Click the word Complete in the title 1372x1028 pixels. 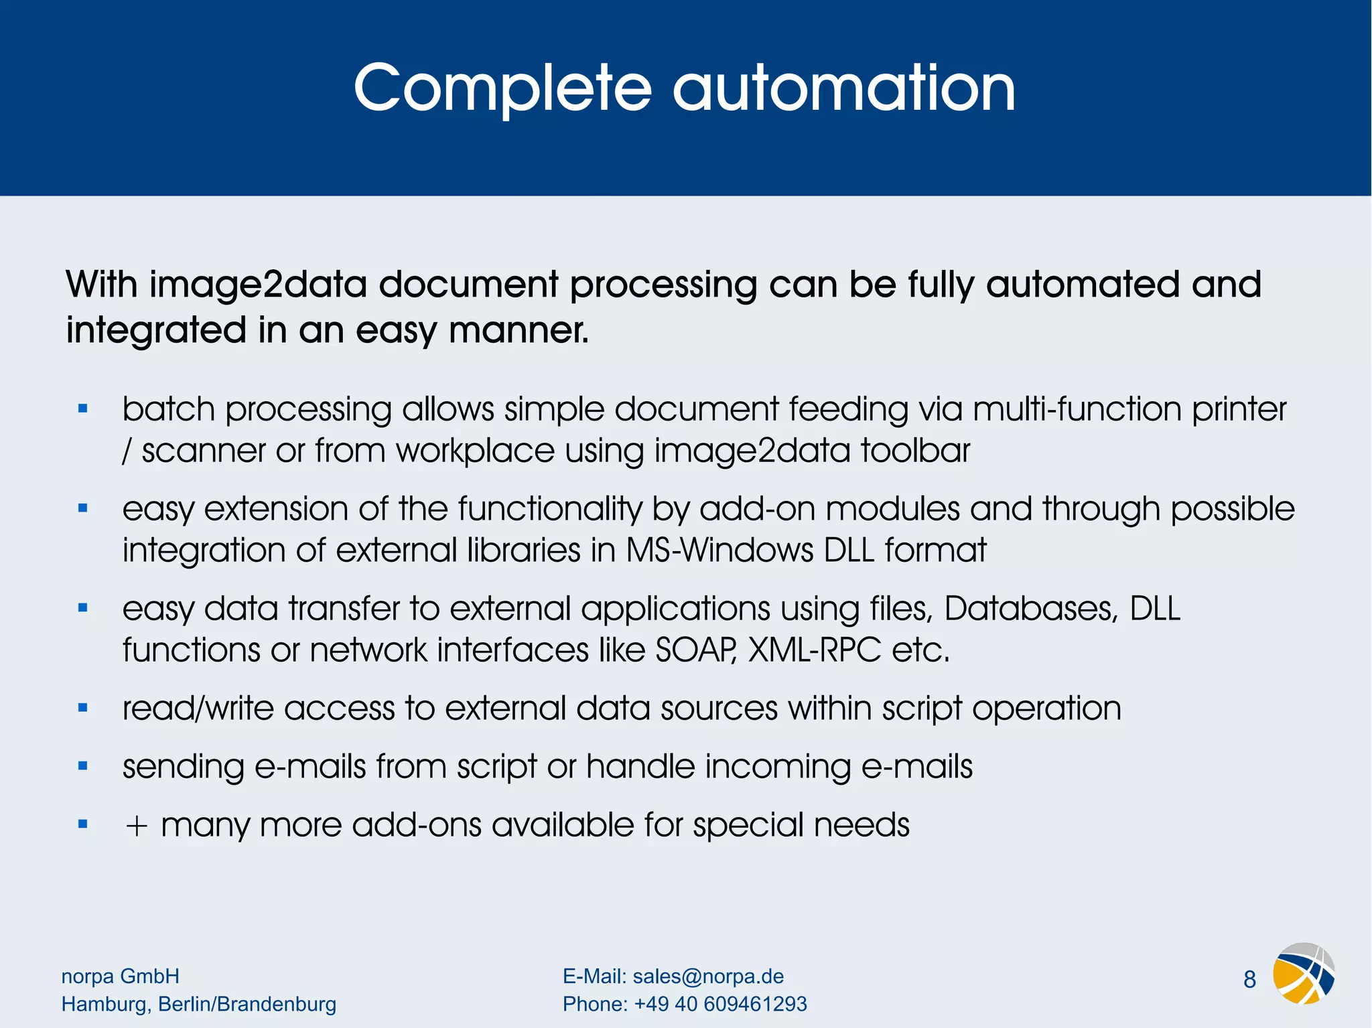[502, 88]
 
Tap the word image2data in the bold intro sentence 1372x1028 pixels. [258, 285]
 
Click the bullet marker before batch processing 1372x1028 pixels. [83, 409]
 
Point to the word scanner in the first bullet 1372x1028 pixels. [204, 451]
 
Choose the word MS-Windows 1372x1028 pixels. [719, 550]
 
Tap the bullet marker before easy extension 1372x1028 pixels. [83, 508]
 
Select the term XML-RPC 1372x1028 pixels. [814, 650]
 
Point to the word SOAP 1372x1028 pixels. [696, 650]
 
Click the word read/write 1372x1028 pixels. [198, 709]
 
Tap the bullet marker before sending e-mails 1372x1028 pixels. [83, 766]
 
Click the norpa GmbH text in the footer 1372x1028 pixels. [121, 976]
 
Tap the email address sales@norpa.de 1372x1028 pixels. [708, 976]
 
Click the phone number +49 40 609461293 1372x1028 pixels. [720, 1004]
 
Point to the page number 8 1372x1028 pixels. [1249, 980]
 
